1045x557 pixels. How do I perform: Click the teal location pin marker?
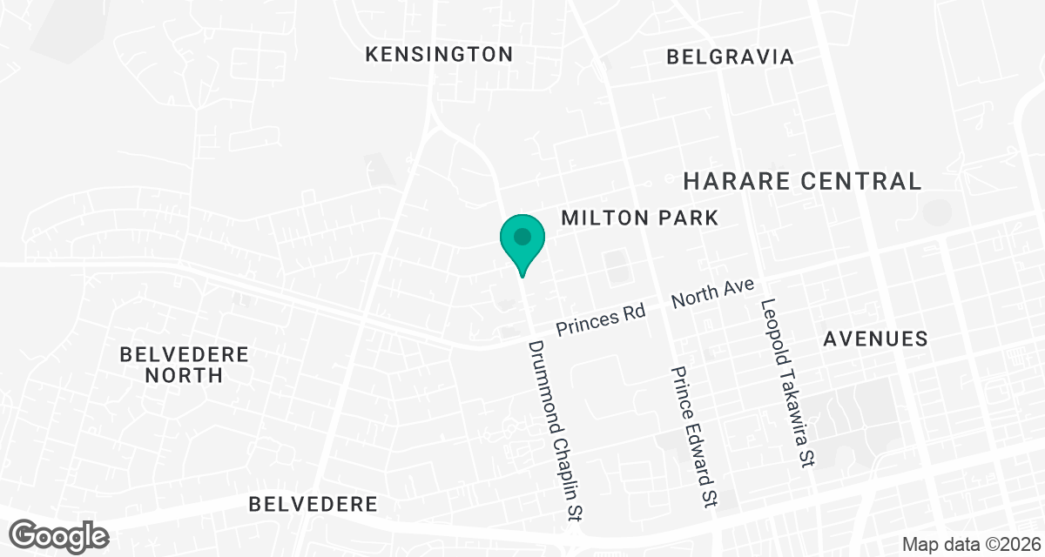(522, 239)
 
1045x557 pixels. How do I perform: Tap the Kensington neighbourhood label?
(439, 55)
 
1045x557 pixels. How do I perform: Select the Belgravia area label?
(730, 57)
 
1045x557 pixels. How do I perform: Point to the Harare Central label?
(802, 181)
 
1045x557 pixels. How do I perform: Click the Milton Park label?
(640, 218)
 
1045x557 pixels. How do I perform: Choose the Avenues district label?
(876, 339)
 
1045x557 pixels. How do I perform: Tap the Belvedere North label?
(185, 365)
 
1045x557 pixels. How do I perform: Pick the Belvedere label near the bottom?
(313, 504)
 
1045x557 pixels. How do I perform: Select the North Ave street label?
(711, 295)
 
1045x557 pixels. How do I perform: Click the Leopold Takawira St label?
(786, 383)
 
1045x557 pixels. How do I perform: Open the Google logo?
(59, 535)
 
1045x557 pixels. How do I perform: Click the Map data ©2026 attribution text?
(970, 545)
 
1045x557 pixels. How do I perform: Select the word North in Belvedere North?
(185, 375)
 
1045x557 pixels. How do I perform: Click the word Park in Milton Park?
(686, 218)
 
